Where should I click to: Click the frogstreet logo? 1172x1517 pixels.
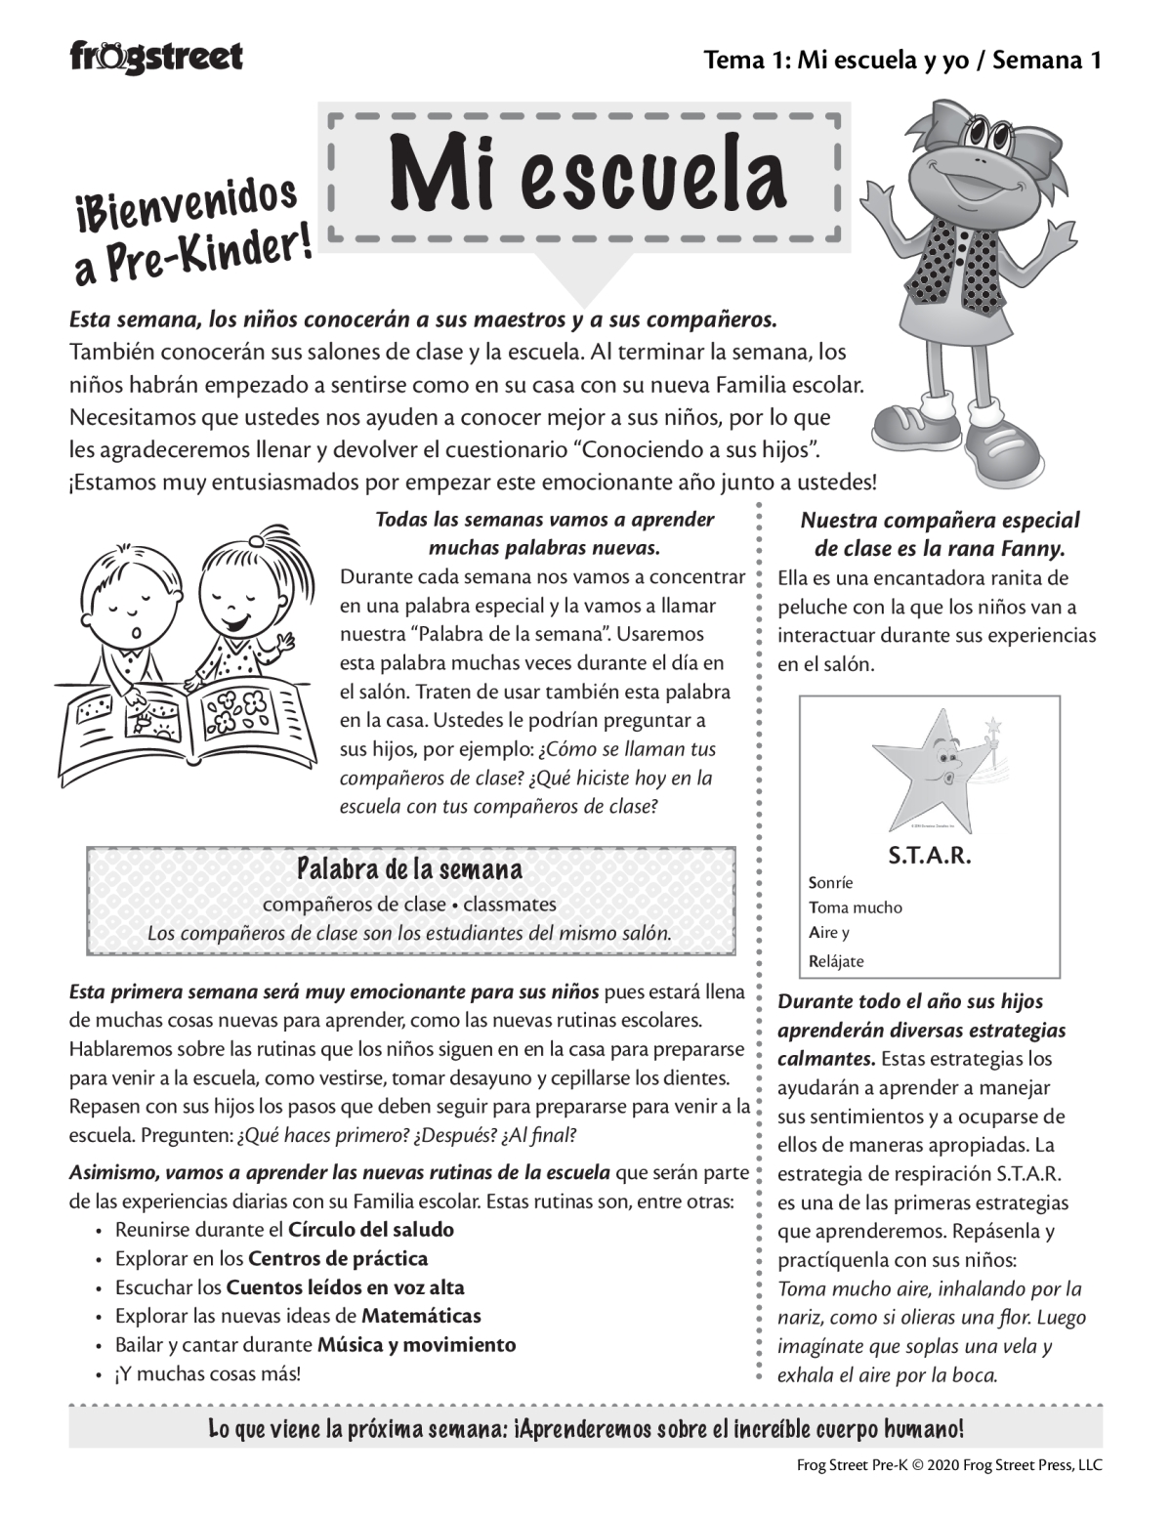[156, 57]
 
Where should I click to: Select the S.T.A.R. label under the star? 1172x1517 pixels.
[929, 857]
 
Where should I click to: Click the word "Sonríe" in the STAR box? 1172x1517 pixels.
[831, 883]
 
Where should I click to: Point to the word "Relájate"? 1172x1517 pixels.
[836, 960]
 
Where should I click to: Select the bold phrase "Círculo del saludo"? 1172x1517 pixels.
[371, 1230]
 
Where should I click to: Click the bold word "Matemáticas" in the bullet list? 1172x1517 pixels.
[421, 1316]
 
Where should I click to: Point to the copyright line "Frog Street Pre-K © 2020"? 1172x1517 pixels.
[880, 1464]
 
